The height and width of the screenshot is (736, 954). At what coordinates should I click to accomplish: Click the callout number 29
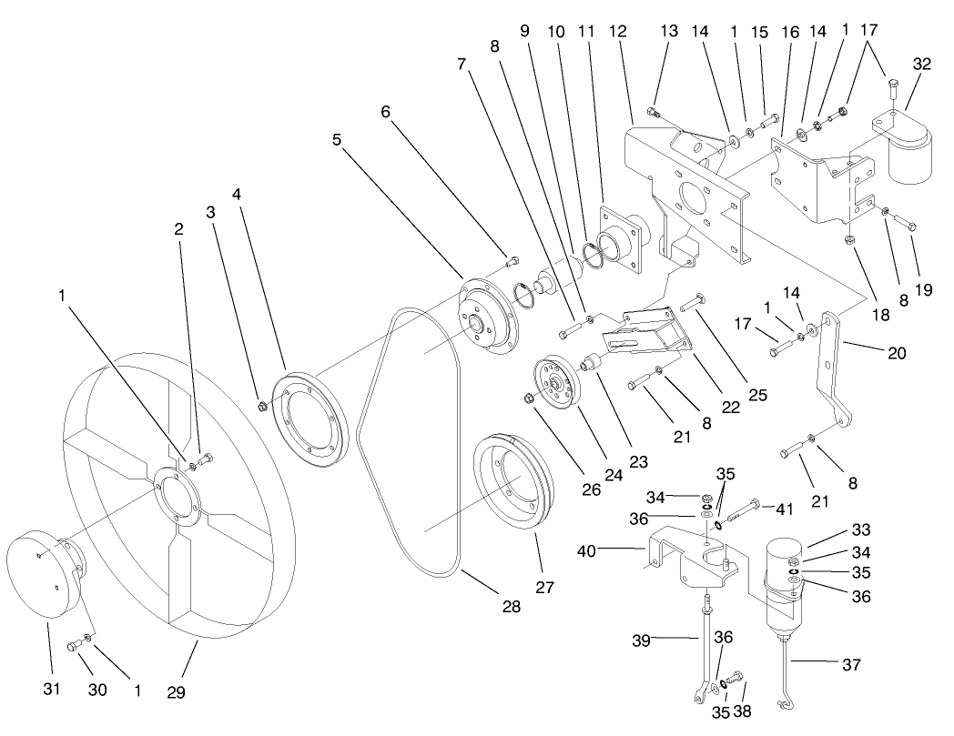pos(176,692)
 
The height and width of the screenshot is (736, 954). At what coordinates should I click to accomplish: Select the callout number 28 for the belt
pos(512,607)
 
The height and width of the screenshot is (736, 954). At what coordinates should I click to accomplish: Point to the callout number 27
pos(544,588)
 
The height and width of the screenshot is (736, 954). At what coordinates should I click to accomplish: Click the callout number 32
pos(922,64)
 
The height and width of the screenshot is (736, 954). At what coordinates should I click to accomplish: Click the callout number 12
pos(618,31)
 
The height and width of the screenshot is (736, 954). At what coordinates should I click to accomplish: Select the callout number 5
pos(338,141)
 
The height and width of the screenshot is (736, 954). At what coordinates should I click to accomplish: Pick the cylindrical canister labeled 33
pos(784,582)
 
